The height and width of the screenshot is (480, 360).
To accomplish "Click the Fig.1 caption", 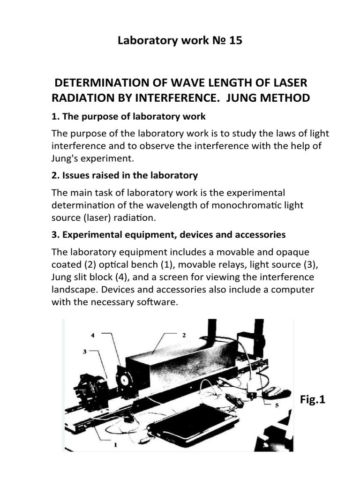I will tap(312, 400).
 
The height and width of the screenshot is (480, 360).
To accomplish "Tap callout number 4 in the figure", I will tap(92, 336).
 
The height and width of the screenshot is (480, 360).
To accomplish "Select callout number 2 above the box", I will tap(184, 335).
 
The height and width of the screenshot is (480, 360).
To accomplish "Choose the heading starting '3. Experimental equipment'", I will tap(169, 234).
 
